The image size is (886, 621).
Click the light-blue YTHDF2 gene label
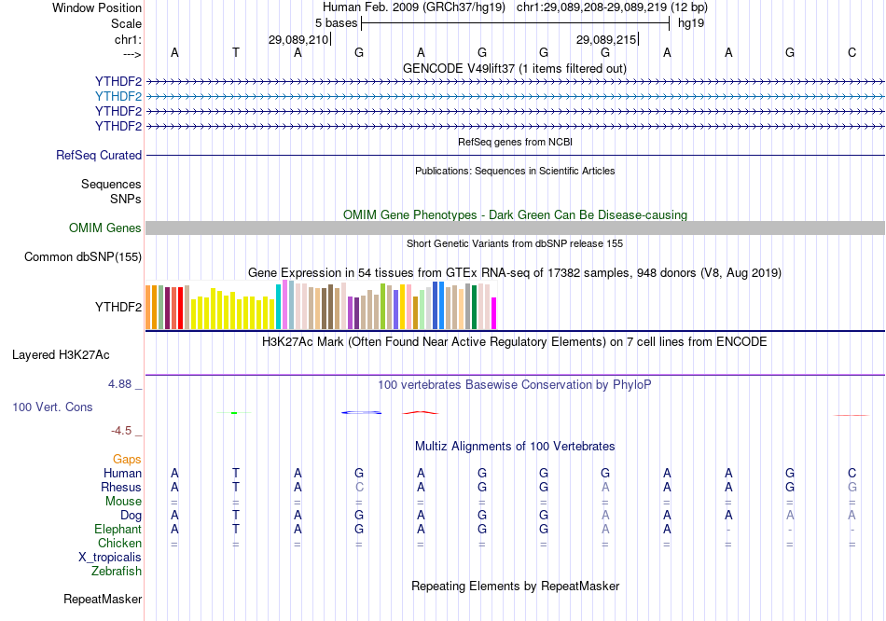click(x=118, y=96)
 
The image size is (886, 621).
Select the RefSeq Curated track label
click(x=99, y=156)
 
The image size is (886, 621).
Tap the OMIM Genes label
click(x=105, y=228)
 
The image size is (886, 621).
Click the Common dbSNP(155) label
click(x=83, y=257)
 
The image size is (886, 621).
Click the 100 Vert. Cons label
click(x=52, y=407)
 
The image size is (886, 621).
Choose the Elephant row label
click(x=118, y=529)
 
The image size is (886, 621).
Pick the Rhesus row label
click(x=121, y=487)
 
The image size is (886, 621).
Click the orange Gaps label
click(x=127, y=459)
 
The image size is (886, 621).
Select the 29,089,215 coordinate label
click(x=606, y=40)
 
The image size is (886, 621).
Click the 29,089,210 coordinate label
click(x=298, y=40)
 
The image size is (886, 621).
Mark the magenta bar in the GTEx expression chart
click(x=494, y=313)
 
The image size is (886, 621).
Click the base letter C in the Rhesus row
click(x=359, y=487)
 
